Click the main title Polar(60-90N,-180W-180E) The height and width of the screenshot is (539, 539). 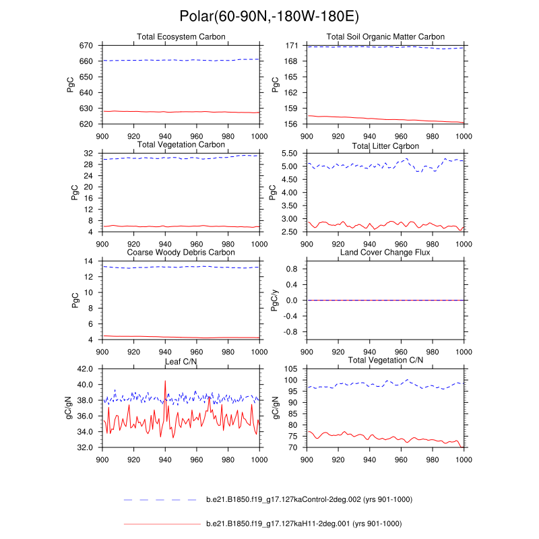pyautogui.click(x=269, y=16)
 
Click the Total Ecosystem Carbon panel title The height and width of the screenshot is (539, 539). pyautogui.click(x=181, y=36)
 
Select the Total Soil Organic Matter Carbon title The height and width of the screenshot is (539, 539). pyautogui.click(x=385, y=36)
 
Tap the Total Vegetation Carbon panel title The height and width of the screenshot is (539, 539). pyautogui.click(x=181, y=145)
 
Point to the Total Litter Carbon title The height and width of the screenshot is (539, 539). pyautogui.click(x=385, y=146)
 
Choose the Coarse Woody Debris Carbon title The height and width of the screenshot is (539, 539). pyautogui.click(x=181, y=253)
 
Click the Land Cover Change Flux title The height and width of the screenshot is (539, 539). pyautogui.click(x=385, y=253)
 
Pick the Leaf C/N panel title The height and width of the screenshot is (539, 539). pyautogui.click(x=181, y=362)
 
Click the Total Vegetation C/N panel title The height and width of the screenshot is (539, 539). pyautogui.click(x=385, y=360)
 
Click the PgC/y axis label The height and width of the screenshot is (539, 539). pyautogui.click(x=275, y=300)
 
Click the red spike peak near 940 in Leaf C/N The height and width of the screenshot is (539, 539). pyautogui.click(x=165, y=381)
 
